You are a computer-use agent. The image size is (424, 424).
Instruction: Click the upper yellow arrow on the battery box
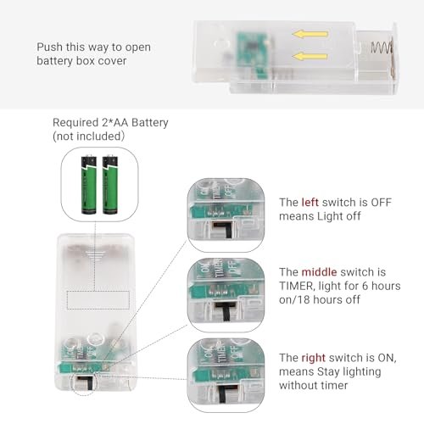click(310, 34)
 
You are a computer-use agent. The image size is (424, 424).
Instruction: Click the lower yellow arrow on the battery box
click(310, 56)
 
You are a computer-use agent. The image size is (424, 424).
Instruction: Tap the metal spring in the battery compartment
click(382, 47)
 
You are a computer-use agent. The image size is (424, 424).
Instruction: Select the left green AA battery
click(89, 184)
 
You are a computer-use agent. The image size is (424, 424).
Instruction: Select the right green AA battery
click(110, 184)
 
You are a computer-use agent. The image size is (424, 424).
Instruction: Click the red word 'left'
click(310, 203)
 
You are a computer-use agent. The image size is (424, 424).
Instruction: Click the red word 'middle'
click(319, 272)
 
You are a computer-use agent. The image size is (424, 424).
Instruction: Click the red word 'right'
click(314, 358)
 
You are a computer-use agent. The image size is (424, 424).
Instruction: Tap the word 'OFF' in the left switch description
click(381, 203)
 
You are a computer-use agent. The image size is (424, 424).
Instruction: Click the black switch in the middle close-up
click(226, 310)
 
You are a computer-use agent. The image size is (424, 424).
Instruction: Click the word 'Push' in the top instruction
click(49, 47)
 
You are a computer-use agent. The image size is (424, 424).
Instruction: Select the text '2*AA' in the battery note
click(115, 123)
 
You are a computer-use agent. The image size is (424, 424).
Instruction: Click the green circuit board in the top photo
click(252, 53)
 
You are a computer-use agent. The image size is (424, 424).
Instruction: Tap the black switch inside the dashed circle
click(86, 382)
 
